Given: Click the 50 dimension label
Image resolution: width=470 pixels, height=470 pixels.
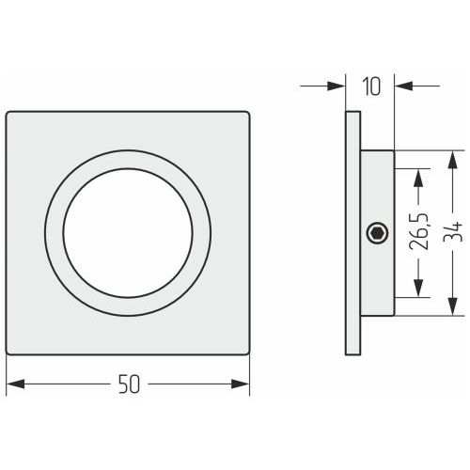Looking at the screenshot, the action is pyautogui.click(x=129, y=384).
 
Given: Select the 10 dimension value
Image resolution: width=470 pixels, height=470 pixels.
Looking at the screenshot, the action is pyautogui.click(x=371, y=86).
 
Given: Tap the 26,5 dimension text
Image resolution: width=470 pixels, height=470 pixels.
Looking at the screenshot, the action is pyautogui.click(x=418, y=231).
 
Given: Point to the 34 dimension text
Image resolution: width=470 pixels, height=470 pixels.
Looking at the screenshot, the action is pyautogui.click(x=452, y=231).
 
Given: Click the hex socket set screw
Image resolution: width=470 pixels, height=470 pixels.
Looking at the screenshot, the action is pyautogui.click(x=377, y=233).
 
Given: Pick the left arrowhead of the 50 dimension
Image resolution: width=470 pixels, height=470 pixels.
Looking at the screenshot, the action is pyautogui.click(x=16, y=384).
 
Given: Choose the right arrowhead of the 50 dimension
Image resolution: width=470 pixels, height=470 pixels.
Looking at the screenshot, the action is pyautogui.click(x=241, y=384).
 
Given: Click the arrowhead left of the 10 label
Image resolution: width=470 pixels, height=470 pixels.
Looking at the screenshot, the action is pyautogui.click(x=337, y=86).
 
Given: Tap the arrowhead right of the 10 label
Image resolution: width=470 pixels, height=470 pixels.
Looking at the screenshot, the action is pyautogui.click(x=403, y=86).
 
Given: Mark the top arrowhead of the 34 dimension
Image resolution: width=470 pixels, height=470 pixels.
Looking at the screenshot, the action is pyautogui.click(x=452, y=160).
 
